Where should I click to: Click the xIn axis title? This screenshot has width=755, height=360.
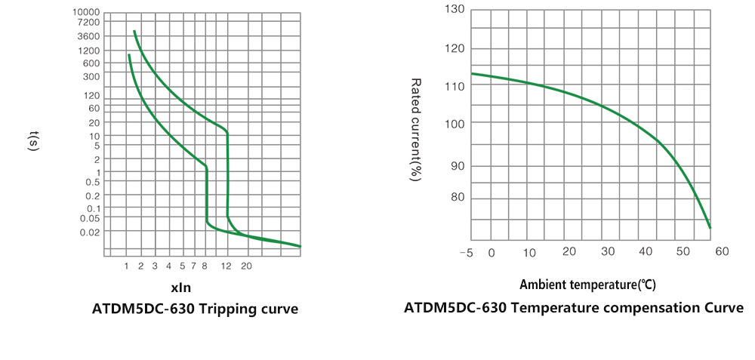click(x=180, y=288)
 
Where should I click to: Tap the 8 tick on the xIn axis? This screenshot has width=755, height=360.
click(x=204, y=266)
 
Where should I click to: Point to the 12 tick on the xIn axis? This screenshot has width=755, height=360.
click(x=226, y=266)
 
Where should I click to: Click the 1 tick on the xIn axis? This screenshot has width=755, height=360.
click(x=127, y=266)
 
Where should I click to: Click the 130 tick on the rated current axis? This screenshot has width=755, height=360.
click(x=455, y=9)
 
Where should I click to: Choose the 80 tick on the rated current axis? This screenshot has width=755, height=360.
click(x=458, y=198)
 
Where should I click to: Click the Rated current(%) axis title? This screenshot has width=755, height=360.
click(x=415, y=129)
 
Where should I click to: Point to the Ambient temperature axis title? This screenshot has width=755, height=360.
click(x=587, y=285)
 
